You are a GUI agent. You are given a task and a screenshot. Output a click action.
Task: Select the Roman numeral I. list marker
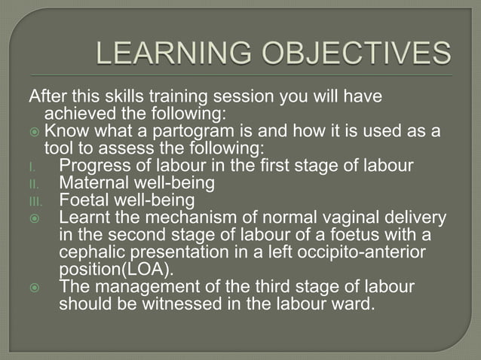[x=32, y=166]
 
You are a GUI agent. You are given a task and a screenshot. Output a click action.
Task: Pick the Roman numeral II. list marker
[x=34, y=184]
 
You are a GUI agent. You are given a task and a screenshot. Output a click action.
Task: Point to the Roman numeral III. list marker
[x=35, y=201]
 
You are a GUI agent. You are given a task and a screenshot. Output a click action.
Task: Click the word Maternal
[x=93, y=183]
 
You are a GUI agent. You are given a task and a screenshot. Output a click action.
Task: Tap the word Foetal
[x=84, y=200]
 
